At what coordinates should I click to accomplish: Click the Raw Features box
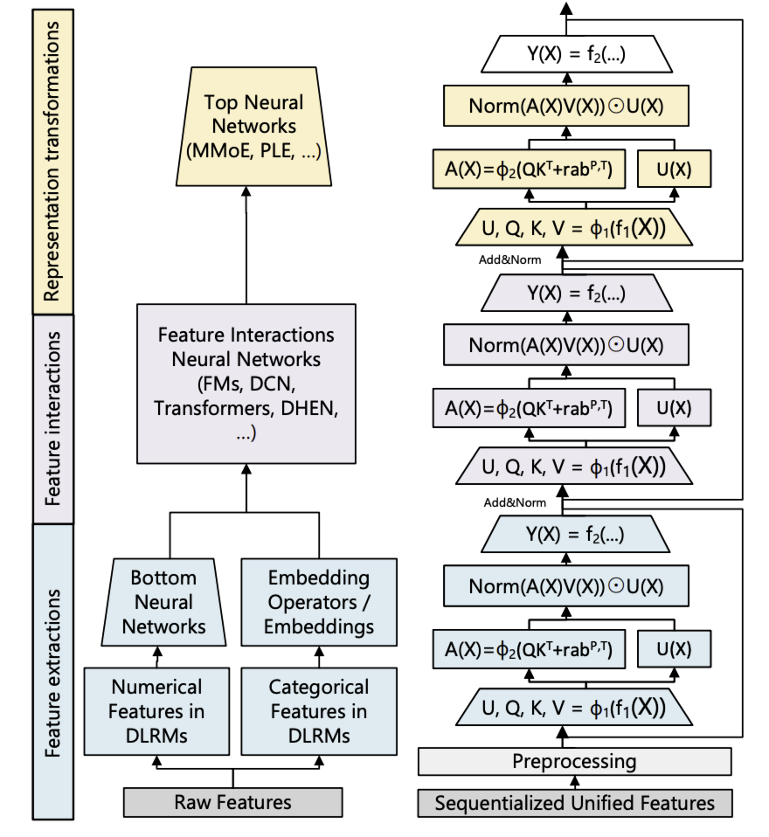(232, 802)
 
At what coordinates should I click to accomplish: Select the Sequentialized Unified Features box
(574, 802)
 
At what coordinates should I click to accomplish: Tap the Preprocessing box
(574, 761)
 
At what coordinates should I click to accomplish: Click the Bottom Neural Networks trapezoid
(163, 602)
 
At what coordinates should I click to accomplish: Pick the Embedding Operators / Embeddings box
(318, 602)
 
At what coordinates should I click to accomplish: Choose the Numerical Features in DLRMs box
(156, 710)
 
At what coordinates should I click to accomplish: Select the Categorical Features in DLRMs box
(318, 710)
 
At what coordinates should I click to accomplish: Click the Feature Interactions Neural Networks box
(246, 384)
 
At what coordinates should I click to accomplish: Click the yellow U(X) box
(673, 170)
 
